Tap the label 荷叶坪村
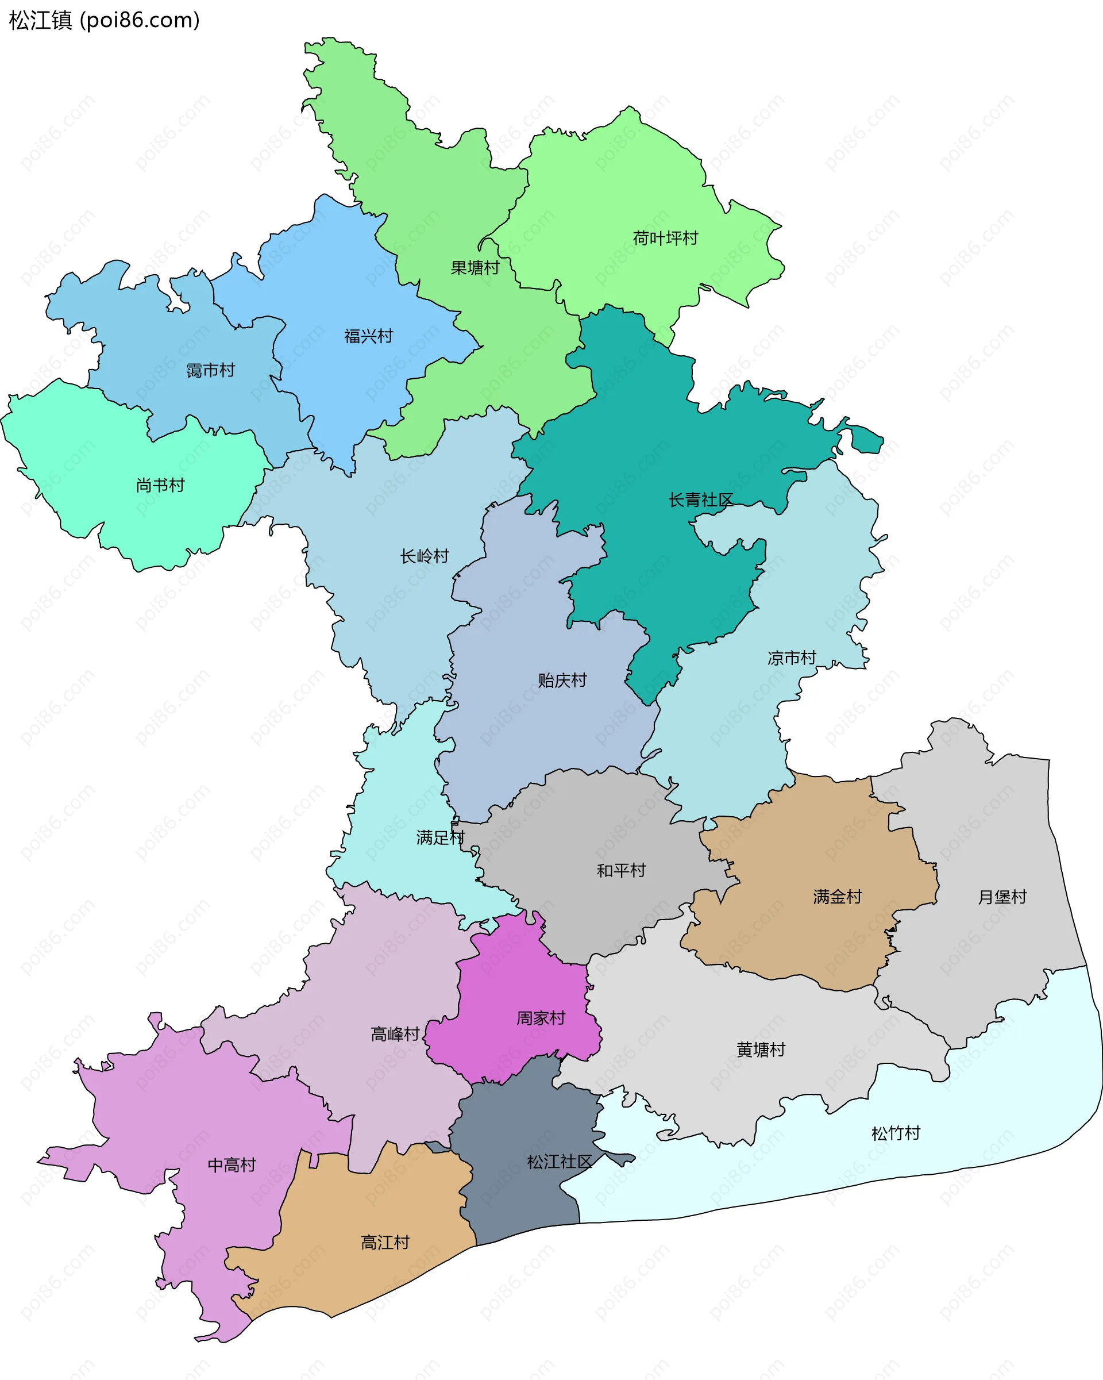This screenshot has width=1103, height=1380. pos(665,238)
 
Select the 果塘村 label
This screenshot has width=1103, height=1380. pos(475,268)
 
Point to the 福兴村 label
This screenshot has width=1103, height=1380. pos(368,336)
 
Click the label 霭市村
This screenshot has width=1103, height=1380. pos(210,370)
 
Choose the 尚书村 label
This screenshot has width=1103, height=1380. pos(160,485)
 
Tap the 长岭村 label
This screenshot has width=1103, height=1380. pos(424,556)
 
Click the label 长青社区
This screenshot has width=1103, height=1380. pos(700,500)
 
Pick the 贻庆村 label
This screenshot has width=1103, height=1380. pos(562,681)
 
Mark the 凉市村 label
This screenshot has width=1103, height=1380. pos(792,658)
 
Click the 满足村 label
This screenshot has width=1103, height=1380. pos(439,837)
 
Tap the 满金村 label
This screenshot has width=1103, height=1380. pos(837,897)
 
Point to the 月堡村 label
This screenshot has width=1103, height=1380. pos(1002,897)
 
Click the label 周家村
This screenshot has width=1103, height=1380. pos(541,1018)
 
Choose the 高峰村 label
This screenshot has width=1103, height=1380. pos(395,1034)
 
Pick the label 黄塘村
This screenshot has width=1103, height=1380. pos(760,1050)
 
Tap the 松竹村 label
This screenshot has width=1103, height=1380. pos(896,1133)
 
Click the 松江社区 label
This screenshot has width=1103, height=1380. pos(559,1162)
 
